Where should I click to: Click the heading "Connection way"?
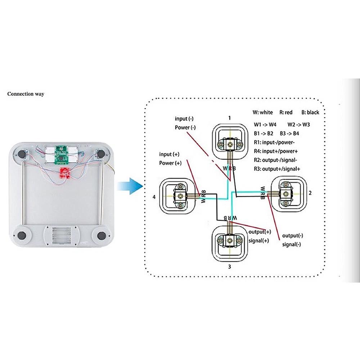(x=26, y=94)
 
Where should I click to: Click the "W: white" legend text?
(x=263, y=112)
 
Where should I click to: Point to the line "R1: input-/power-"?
(x=274, y=142)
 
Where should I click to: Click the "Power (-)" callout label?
(x=185, y=127)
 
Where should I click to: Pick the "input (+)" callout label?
(x=170, y=154)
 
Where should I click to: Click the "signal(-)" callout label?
(x=292, y=244)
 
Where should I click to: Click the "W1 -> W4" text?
(x=265, y=125)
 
